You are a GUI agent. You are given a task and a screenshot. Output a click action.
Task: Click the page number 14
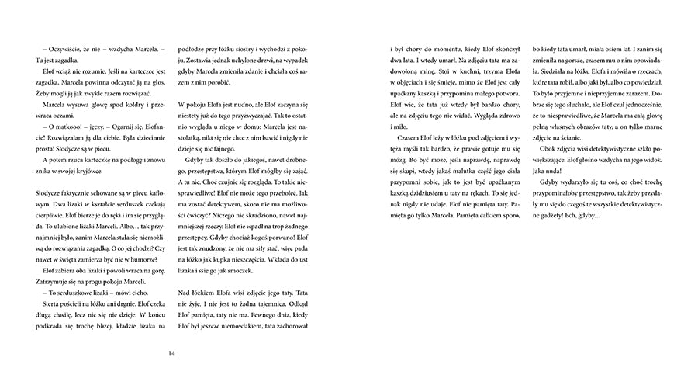[171, 355]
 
